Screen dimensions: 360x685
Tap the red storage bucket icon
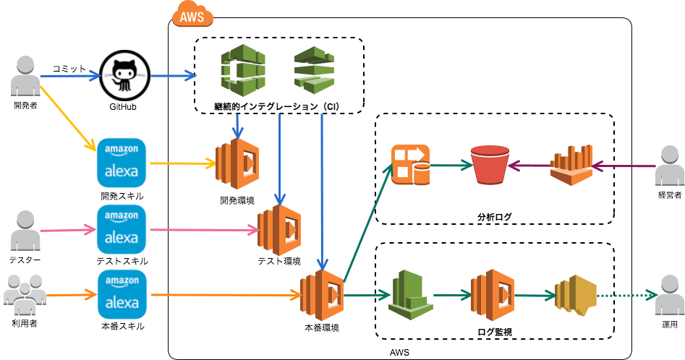tap(488, 166)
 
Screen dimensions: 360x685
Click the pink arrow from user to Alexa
tap(66, 230)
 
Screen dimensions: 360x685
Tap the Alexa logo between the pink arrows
tap(122, 229)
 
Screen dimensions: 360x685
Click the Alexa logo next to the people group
tap(122, 295)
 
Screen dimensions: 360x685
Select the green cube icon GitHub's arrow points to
tap(242, 71)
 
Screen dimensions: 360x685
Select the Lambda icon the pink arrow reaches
tap(280, 231)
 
